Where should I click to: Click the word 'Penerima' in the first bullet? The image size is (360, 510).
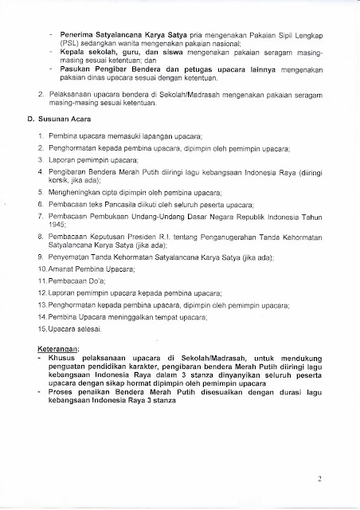click(72, 37)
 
